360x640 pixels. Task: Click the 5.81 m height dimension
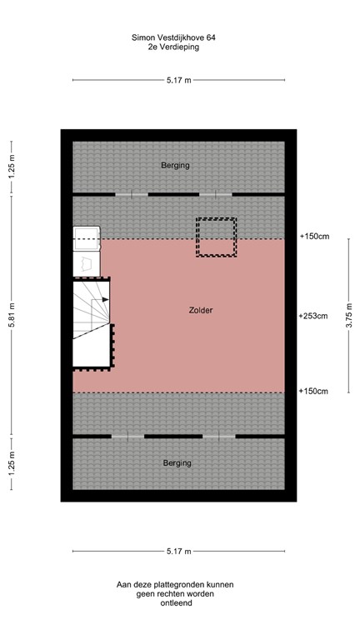click(11, 315)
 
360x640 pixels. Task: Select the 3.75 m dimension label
click(348, 315)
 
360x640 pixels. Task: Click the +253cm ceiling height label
click(313, 316)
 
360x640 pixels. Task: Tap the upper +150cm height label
click(313, 237)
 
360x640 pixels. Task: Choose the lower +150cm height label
click(313, 391)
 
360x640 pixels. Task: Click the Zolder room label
click(200, 310)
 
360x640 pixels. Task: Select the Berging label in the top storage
click(175, 165)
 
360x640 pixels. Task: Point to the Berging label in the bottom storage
click(177, 462)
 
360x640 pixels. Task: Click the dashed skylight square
click(217, 237)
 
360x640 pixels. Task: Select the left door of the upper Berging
click(131, 194)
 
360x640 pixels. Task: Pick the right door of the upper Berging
click(216, 194)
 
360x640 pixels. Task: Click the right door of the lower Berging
click(219, 436)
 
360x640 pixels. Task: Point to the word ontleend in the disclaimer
click(176, 602)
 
